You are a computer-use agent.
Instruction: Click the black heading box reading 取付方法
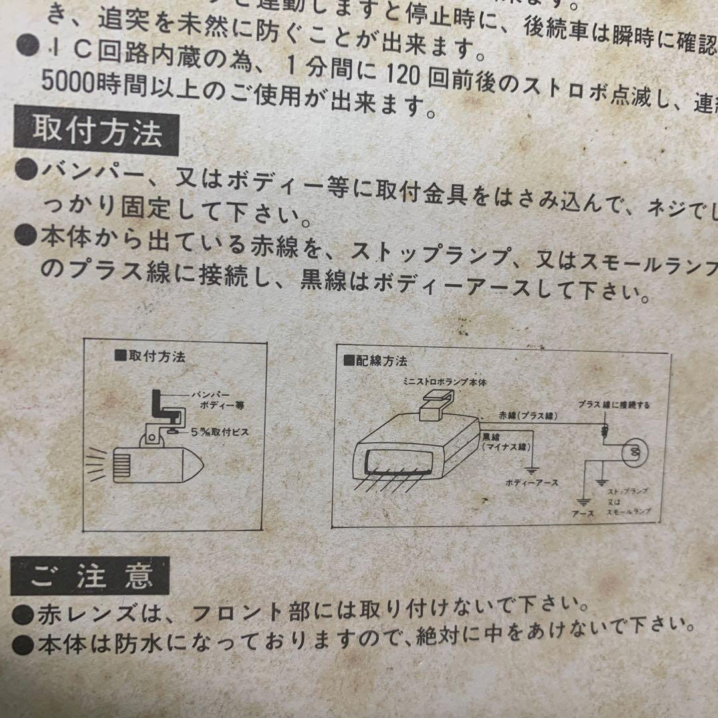[x=97, y=134]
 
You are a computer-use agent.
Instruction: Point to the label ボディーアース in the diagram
[x=532, y=482]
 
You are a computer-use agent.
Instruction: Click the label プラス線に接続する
[x=614, y=404]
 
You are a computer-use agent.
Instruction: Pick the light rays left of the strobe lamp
[x=97, y=463]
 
